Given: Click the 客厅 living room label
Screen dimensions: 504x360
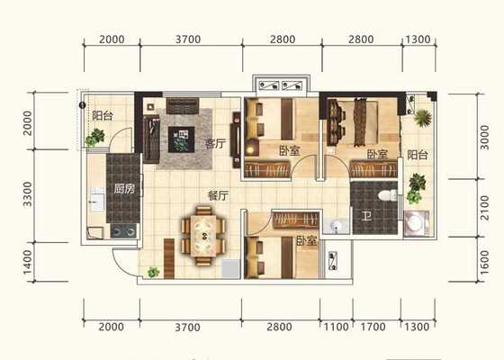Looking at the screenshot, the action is click(216, 143).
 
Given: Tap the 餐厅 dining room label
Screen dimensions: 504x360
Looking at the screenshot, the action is click(218, 195).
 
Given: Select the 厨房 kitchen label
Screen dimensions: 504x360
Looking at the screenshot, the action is click(124, 189).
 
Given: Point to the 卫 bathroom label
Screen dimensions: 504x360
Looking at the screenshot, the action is click(366, 216).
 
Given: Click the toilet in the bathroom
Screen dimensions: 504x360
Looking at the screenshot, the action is click(387, 195).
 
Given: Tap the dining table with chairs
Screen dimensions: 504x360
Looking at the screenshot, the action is click(203, 236).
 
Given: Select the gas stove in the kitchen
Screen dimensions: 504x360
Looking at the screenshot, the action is click(123, 231).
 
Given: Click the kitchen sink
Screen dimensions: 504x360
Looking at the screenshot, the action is click(98, 200).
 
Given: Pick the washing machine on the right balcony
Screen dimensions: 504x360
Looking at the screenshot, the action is click(416, 223).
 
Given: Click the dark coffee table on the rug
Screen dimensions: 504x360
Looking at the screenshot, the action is click(181, 139).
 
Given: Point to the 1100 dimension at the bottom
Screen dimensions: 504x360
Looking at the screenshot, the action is click(336, 327).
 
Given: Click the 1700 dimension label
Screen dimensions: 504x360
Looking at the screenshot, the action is click(373, 327).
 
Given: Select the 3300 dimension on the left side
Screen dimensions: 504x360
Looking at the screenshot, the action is click(28, 194).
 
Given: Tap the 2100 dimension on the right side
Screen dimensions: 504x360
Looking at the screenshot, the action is click(484, 208).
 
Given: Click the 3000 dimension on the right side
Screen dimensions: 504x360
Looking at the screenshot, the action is click(484, 138).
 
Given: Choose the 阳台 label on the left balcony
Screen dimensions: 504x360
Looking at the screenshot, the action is click(103, 115).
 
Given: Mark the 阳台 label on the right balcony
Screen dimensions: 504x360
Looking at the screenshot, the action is click(418, 155).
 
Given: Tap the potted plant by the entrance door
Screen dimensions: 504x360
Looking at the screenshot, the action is click(153, 272).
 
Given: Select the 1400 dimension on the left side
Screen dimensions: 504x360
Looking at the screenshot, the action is click(28, 263).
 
